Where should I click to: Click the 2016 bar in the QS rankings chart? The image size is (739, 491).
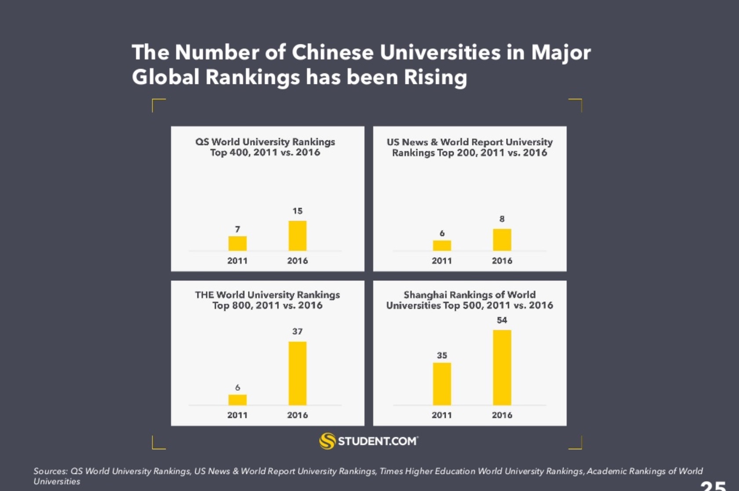tap(298, 236)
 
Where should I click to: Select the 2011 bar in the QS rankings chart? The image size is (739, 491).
tap(237, 244)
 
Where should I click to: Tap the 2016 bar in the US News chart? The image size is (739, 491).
tap(502, 240)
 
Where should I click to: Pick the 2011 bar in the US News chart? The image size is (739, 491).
tap(442, 246)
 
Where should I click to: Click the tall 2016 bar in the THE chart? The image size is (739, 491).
tap(298, 373)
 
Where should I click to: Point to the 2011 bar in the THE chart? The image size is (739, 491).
tap(237, 400)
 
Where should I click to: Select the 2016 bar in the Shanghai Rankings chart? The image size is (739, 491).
tap(502, 367)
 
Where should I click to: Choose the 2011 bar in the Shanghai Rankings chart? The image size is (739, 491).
tap(442, 384)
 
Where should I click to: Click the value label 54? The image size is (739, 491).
tap(502, 320)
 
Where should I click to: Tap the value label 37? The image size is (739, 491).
tap(298, 331)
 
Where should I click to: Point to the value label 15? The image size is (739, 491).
tap(298, 211)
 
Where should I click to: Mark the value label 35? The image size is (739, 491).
tap(442, 355)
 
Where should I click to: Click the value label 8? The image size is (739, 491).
tap(502, 219)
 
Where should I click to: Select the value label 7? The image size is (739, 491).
tap(237, 229)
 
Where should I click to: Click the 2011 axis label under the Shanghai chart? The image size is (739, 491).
tap(442, 415)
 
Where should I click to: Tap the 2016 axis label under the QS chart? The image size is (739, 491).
tap(298, 261)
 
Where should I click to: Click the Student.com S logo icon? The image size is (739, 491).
tap(328, 441)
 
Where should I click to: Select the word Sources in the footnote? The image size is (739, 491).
tap(50, 471)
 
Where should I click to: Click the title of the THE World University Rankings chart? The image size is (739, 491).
tap(267, 300)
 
